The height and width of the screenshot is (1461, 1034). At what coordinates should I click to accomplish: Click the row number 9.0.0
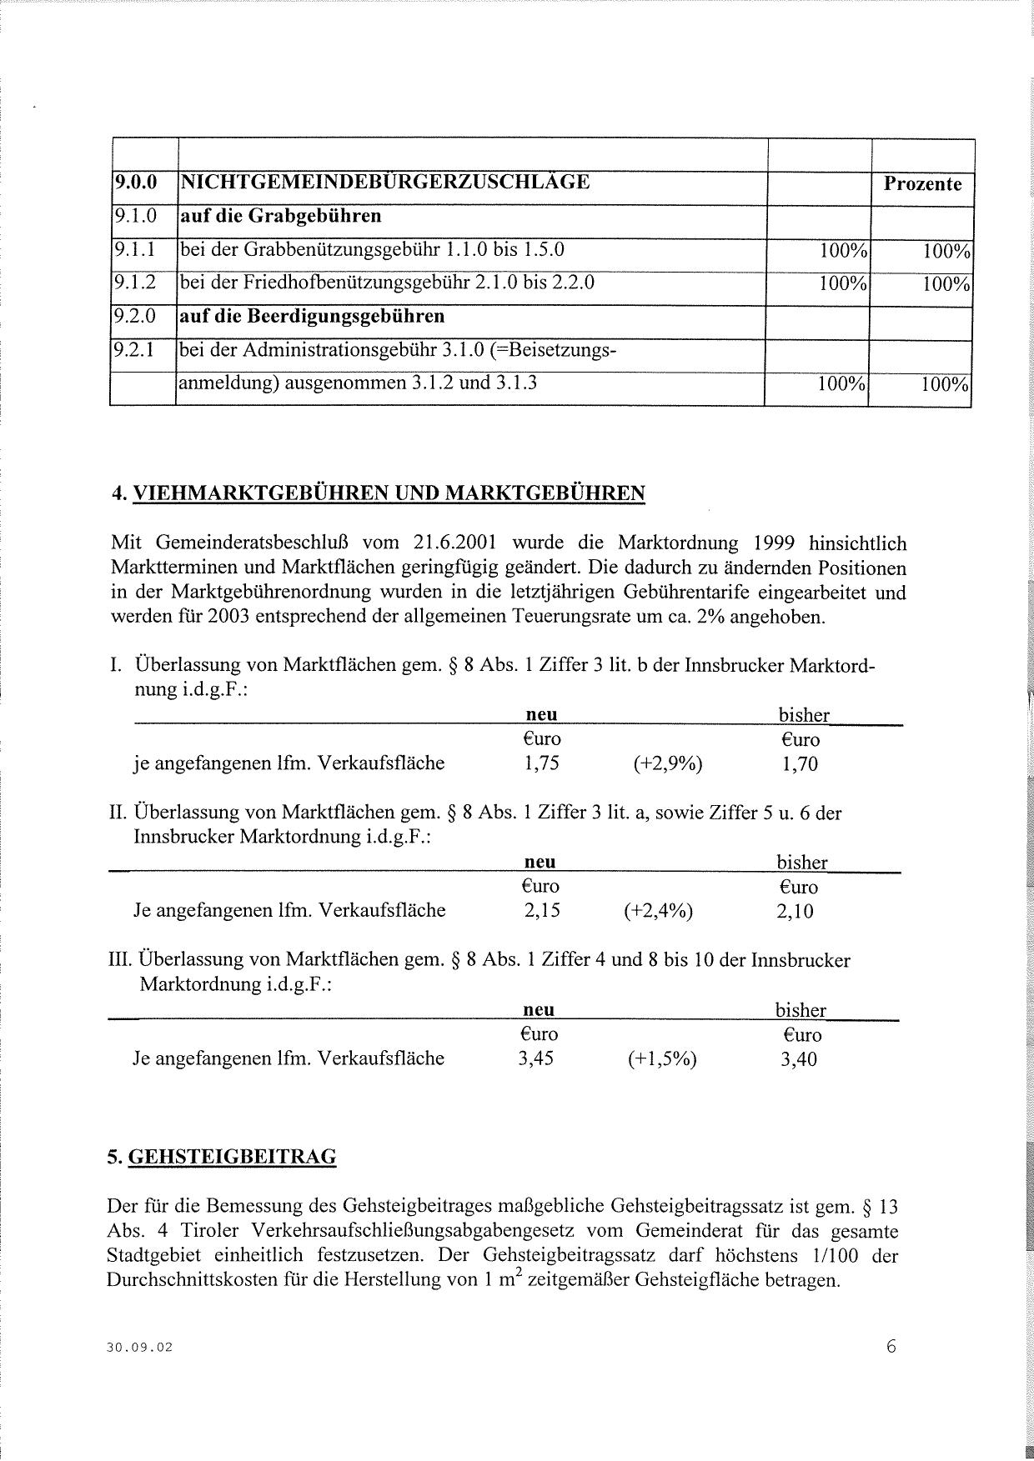[x=135, y=181]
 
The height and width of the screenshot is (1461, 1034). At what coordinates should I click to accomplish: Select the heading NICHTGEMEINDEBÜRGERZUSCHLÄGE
[x=385, y=181]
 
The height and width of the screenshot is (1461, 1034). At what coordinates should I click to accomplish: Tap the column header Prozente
[x=922, y=183]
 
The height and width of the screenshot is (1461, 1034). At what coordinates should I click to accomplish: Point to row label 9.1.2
[x=135, y=283]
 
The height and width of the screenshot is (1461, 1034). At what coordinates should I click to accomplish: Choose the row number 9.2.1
[x=135, y=350]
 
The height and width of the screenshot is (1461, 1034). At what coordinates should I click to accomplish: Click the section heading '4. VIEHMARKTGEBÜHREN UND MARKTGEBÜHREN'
[x=378, y=493]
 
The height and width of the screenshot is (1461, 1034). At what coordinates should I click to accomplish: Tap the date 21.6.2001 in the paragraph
[x=454, y=543]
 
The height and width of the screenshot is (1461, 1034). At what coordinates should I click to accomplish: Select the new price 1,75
[x=542, y=763]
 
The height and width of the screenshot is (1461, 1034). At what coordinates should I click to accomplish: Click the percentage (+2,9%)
[x=668, y=764]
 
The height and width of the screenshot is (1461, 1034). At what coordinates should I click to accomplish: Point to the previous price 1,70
[x=800, y=764]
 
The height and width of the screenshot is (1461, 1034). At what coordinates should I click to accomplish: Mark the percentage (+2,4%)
[x=659, y=911]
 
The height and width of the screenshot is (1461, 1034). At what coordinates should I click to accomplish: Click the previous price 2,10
[x=794, y=912]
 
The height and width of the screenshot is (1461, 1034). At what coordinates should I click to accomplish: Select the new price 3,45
[x=536, y=1058]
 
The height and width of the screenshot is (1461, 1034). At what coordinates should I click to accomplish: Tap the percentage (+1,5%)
[x=662, y=1059]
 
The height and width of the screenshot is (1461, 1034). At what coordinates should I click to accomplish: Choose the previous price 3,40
[x=799, y=1060]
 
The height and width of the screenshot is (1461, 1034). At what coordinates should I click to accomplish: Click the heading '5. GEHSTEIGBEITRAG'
[x=222, y=1157]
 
